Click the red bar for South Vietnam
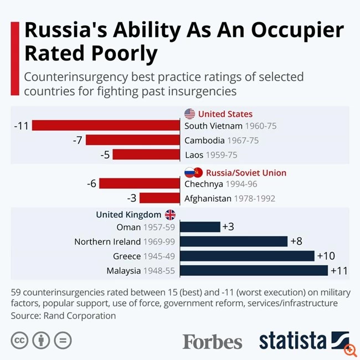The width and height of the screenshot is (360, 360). pos(106,126)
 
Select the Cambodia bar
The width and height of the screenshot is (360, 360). pos(133,140)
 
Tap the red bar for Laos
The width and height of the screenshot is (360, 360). pos(147,155)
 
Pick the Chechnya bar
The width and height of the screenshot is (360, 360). pos(140,183)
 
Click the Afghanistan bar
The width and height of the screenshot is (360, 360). pos(160,198)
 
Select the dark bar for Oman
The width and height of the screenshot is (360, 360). pos(199,227)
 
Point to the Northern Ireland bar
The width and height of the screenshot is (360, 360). pos(233,241)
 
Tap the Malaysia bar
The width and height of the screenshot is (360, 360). pos(254,270)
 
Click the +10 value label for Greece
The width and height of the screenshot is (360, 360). pos(326,256)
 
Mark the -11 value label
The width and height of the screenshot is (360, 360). pos(20,126)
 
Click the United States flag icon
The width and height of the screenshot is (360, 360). pos(189,114)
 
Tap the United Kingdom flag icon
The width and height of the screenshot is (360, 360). pos(170,214)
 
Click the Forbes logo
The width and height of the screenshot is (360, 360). pos(213,341)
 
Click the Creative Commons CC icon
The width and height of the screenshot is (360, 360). pos(19,340)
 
